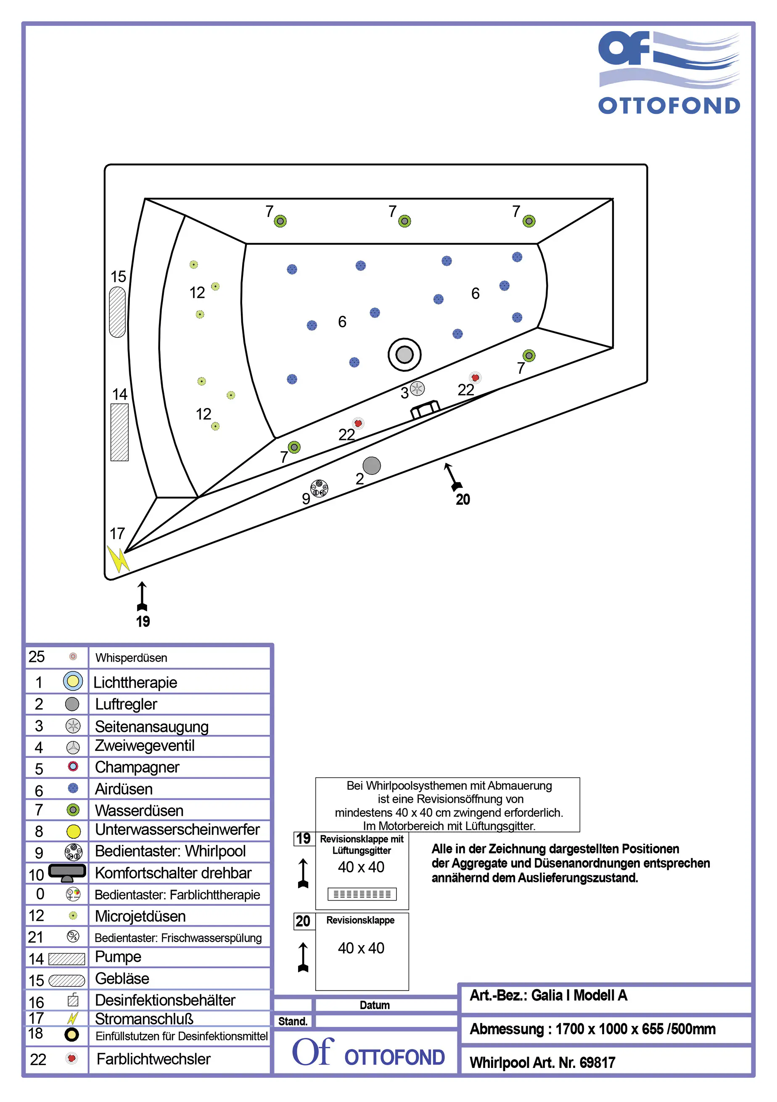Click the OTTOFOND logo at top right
point(669,72)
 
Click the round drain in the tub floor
point(404,355)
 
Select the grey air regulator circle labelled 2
point(371,465)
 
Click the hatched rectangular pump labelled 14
point(119,432)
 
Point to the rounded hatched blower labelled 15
point(118,312)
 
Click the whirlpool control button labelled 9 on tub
point(319,488)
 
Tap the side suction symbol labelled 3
point(417,388)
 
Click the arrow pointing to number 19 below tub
point(142,595)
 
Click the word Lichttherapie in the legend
point(135,682)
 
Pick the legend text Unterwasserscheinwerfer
point(177,829)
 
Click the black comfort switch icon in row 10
point(67,872)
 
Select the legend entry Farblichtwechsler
point(153,1058)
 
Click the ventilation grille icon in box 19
point(362,894)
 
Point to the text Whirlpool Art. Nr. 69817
point(542,1062)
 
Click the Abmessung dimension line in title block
point(592,1028)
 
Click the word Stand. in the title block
point(293,1021)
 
